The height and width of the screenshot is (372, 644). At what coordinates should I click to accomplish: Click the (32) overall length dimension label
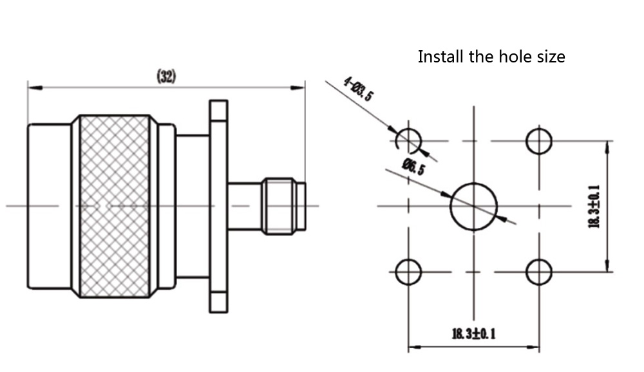166,77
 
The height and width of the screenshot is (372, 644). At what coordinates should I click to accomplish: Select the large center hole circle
474,206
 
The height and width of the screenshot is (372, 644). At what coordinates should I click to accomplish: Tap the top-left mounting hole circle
408,140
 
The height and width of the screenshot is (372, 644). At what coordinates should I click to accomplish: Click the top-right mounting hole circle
539,141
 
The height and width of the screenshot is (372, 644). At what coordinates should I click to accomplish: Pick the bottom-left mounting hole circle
408,272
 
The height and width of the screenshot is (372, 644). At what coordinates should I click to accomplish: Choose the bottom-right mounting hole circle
539,272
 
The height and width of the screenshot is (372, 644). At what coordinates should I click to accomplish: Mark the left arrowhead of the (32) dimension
31,86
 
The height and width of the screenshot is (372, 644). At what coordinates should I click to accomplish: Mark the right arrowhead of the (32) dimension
301,86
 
